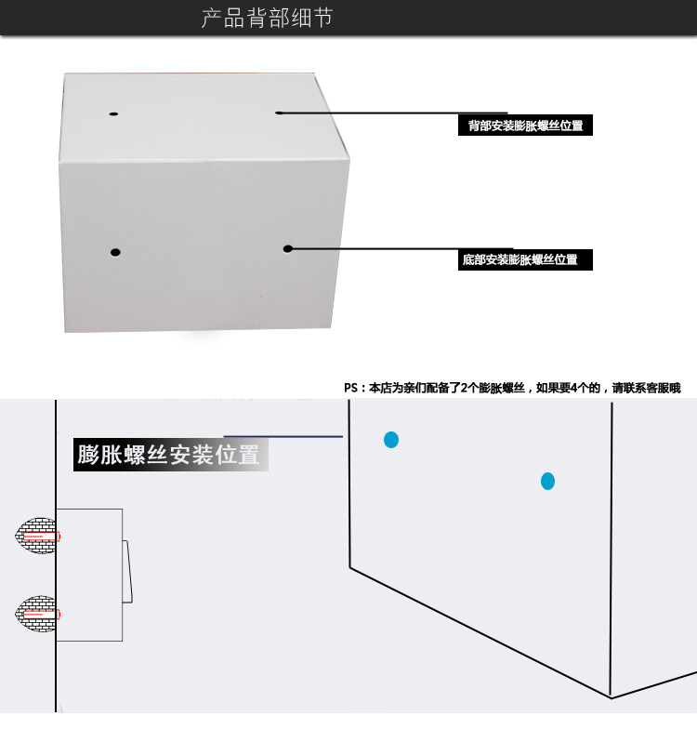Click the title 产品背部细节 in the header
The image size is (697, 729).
pos(268,19)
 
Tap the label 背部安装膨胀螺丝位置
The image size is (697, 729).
pos(525,126)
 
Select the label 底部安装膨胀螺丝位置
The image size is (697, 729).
pos(520,259)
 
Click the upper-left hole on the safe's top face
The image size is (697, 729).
pos(113,113)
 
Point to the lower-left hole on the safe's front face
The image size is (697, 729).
pos(115,253)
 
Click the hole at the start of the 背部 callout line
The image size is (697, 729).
pos(279,113)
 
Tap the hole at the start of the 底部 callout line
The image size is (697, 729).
pos(288,249)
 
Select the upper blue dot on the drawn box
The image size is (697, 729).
pos(391,440)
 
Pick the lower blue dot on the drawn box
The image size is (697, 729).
pos(548,482)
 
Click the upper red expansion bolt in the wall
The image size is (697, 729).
pos(41,537)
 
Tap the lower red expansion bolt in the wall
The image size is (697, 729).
pos(41,615)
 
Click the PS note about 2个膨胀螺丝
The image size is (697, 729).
pos(512,388)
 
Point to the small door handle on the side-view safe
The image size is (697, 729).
pos(127,571)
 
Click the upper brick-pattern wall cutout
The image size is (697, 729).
pos(35,536)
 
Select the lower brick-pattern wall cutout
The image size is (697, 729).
pos(35,614)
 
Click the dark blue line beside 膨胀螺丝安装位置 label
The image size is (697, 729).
pos(283,437)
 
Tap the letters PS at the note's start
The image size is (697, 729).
pos(350,388)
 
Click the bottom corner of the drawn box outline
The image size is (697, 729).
pos(612,697)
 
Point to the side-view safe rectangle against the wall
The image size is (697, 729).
pos(89,575)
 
